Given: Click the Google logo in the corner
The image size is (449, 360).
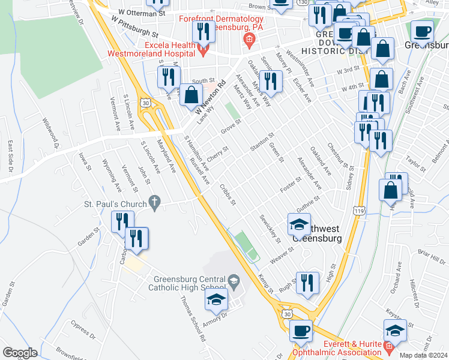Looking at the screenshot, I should pos(20,353).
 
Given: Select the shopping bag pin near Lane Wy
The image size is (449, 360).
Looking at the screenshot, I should pos(191,96).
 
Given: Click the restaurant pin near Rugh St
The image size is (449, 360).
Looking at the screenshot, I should pos(307,283).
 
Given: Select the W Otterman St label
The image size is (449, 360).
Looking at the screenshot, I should pos(142,13).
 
